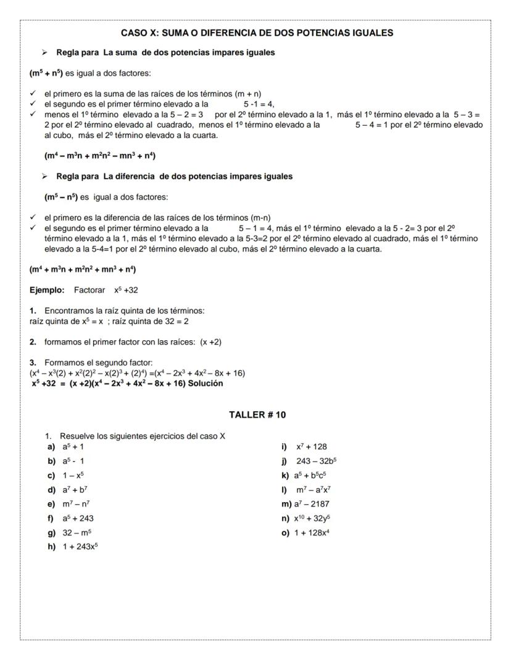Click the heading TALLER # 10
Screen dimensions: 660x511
pos(257,415)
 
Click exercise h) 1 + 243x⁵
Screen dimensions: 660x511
pos(73,547)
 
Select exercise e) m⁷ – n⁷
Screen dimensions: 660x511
pos(69,503)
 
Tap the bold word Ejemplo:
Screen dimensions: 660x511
pos(47,290)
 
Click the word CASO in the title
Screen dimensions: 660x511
pos(133,33)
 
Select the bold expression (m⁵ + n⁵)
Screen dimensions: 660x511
pos(46,73)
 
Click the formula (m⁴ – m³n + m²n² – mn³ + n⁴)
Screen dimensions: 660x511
pos(99,155)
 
